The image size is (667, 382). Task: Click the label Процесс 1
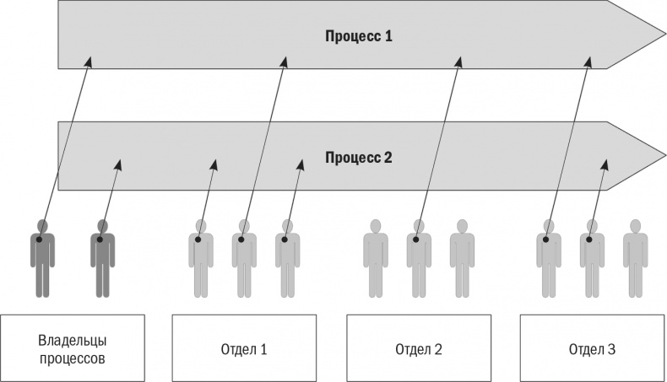359,37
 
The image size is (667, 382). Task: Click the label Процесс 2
359,158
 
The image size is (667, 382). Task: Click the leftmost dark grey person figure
42,257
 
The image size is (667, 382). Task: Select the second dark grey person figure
102,257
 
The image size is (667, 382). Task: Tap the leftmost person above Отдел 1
200,257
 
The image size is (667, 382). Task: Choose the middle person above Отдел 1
244,257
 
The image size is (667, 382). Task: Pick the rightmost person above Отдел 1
287,257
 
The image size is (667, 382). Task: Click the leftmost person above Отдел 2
375,257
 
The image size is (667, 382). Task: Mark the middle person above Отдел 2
419,257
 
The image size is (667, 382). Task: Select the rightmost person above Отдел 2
462,257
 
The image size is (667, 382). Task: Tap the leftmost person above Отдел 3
549,257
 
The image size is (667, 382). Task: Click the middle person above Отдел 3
592,257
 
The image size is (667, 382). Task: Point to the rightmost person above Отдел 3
635,257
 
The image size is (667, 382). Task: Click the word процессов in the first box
73,358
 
